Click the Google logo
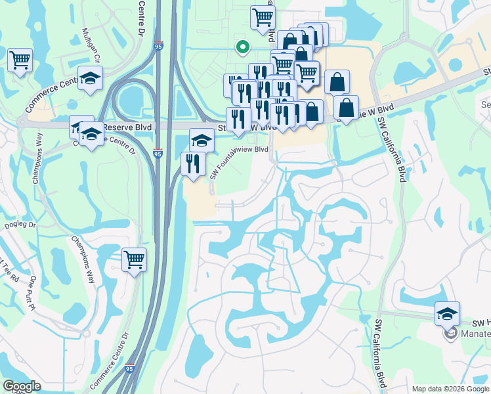[x=22, y=386]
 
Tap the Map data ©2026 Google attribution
[x=450, y=389]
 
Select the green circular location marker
[x=242, y=47]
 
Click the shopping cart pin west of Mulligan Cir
[x=20, y=60]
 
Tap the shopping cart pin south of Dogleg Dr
[x=134, y=259]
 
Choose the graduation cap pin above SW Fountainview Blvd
[x=202, y=139]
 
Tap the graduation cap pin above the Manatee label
[x=447, y=313]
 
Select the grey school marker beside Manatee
[x=451, y=334]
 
